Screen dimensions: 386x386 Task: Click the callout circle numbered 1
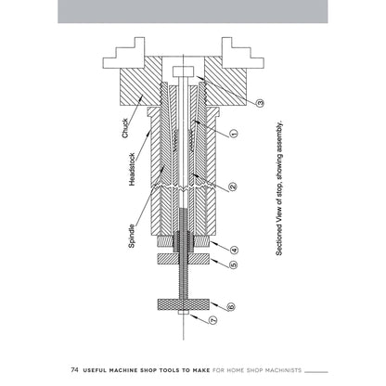(234, 133)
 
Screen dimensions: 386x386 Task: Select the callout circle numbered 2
(232, 187)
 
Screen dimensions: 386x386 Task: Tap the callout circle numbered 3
(261, 103)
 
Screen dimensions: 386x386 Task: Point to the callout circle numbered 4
(234, 249)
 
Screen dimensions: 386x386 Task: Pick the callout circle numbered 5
(234, 264)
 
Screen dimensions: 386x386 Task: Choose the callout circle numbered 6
(232, 306)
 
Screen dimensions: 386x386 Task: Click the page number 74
(74, 368)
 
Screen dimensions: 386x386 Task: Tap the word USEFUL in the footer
(95, 368)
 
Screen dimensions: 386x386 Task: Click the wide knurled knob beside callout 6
(186, 306)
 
